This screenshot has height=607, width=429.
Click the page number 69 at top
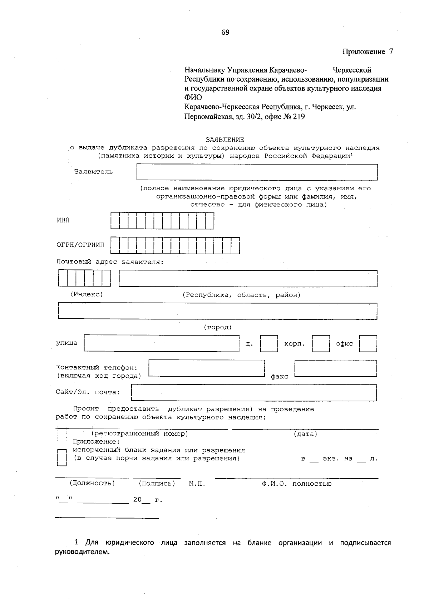pos(225,33)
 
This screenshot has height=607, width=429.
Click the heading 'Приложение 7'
pos(368,52)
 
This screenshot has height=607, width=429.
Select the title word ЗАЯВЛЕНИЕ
pos(225,140)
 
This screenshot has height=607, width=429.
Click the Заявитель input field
pos(257,172)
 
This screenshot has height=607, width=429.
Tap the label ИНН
pos(63,220)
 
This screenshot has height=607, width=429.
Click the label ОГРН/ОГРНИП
pos(80,245)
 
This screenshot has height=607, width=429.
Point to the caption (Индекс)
pos(87,294)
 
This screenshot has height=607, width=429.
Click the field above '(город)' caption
pos(217,311)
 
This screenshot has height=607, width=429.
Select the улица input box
pos(162,343)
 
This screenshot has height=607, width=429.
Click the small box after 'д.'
pos(269,344)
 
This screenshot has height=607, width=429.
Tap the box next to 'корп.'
pos(321,344)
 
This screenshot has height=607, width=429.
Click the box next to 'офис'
pos(368,344)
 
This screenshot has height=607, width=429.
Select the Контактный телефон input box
pos(206,368)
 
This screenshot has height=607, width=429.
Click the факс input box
pos(336,368)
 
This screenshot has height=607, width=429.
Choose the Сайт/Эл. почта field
pos(254,392)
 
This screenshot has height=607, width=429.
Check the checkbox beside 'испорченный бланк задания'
pos(62,457)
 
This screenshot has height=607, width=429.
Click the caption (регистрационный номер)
pos(140,434)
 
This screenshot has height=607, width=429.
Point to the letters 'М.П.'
pos(197,484)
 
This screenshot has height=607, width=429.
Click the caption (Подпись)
pos(157,484)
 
